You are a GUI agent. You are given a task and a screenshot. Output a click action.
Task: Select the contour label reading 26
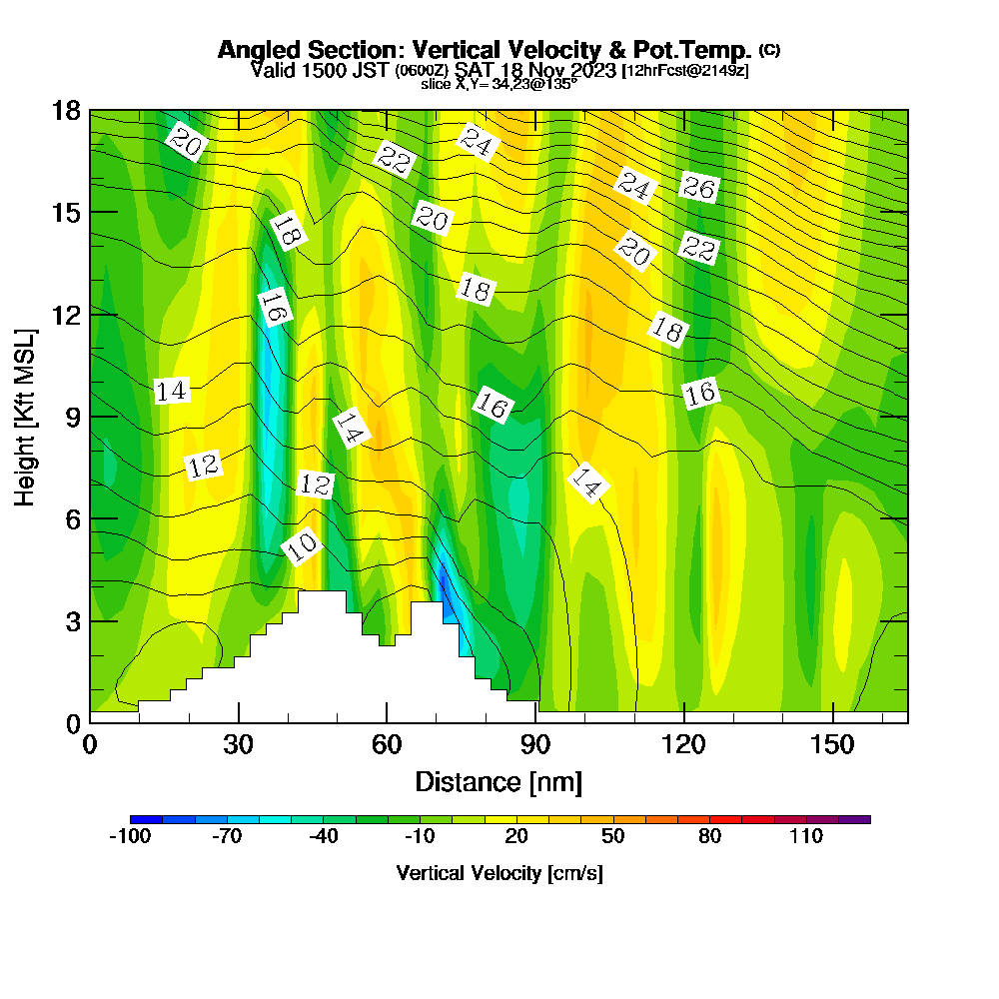pyautogui.click(x=699, y=187)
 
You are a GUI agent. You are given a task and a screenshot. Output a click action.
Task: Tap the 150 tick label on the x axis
pyautogui.click(x=833, y=745)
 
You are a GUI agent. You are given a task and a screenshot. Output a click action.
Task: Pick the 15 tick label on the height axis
pyautogui.click(x=66, y=212)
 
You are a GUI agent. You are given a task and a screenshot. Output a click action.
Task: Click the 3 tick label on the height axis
pyautogui.click(x=73, y=621)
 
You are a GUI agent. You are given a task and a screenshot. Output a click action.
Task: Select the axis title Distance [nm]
pyautogui.click(x=499, y=781)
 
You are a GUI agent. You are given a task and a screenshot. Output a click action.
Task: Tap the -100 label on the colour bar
pyautogui.click(x=129, y=837)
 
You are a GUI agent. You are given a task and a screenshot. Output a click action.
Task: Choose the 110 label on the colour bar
pyautogui.click(x=805, y=837)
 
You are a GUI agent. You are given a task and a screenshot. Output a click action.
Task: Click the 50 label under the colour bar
pyautogui.click(x=612, y=837)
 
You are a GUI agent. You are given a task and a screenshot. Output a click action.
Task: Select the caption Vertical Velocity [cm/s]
pyautogui.click(x=499, y=873)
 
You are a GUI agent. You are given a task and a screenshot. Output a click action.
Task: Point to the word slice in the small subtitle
pyautogui.click(x=437, y=85)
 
